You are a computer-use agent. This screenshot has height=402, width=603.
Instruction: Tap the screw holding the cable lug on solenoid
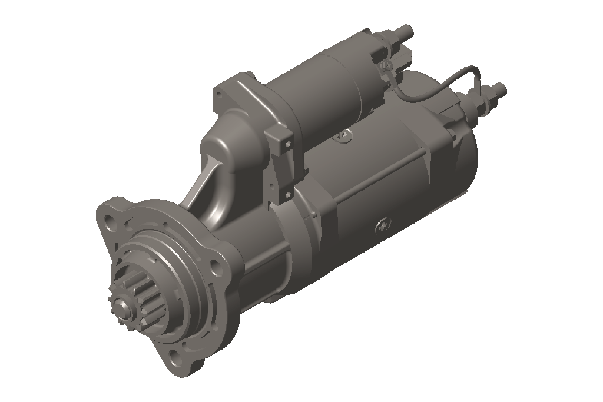(386, 65)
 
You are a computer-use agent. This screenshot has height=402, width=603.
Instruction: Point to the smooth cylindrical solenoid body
(330, 94)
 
